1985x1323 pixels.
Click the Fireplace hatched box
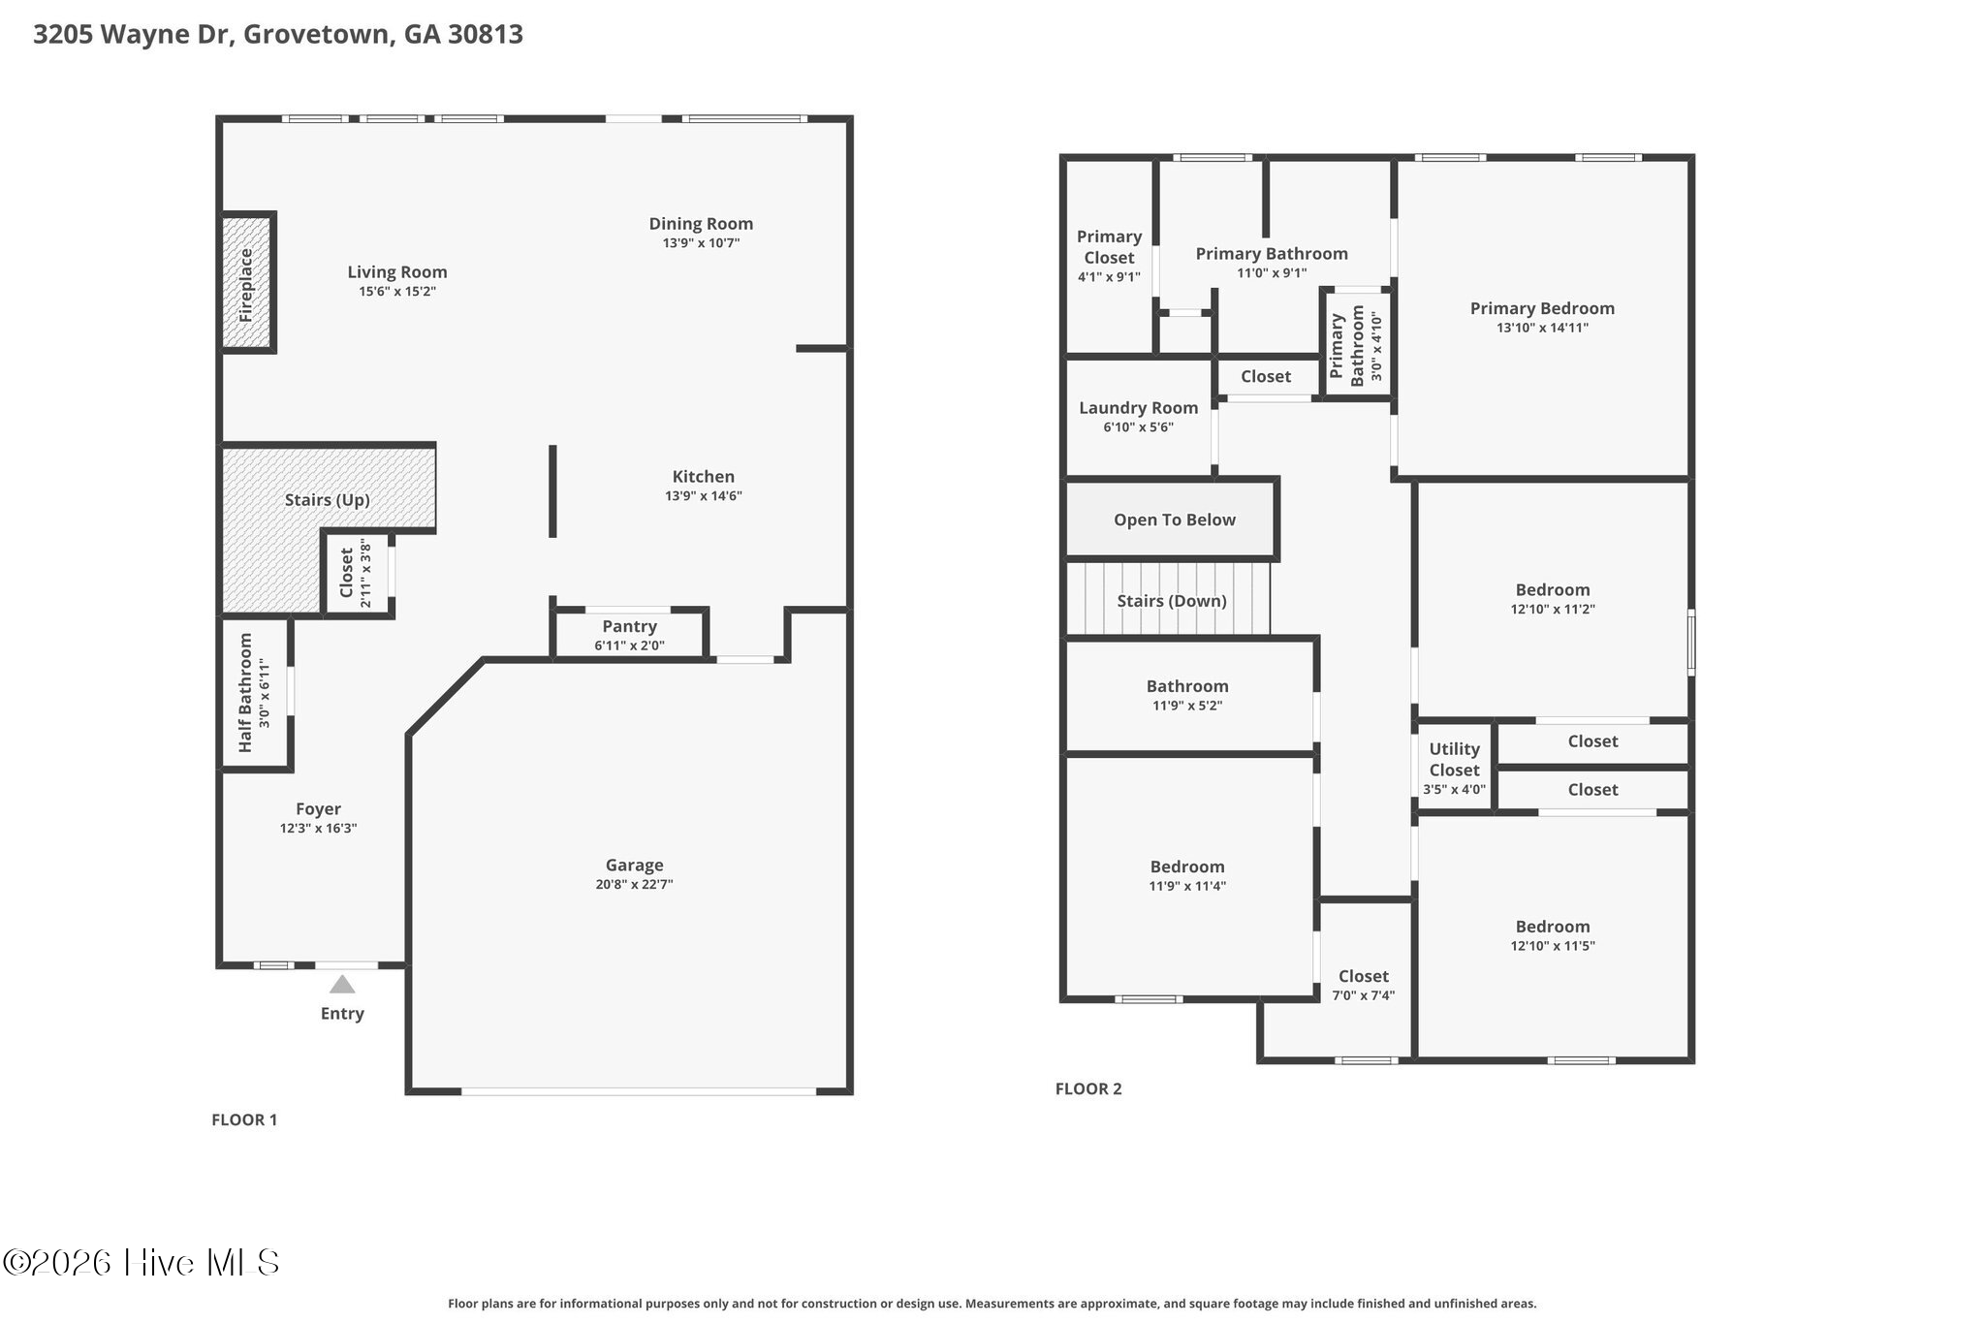click(x=246, y=282)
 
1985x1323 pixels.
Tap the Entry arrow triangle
click(x=342, y=985)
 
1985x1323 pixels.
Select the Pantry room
click(x=630, y=635)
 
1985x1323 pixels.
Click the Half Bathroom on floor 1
click(x=255, y=693)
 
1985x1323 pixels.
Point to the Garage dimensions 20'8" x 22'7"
click(x=634, y=885)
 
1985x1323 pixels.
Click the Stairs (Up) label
click(x=328, y=500)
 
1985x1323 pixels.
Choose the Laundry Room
click(x=1139, y=417)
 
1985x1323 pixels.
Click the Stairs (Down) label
click(x=1172, y=601)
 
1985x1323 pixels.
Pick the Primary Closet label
click(x=1109, y=247)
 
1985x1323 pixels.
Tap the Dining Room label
click(x=701, y=224)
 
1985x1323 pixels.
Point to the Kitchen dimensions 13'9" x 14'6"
click(x=704, y=496)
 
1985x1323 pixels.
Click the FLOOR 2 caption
click(x=1088, y=1088)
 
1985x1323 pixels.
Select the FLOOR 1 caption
click(x=244, y=1119)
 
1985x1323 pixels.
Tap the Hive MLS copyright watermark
click(x=142, y=1262)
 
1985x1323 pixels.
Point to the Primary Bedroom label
click(x=1542, y=309)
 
